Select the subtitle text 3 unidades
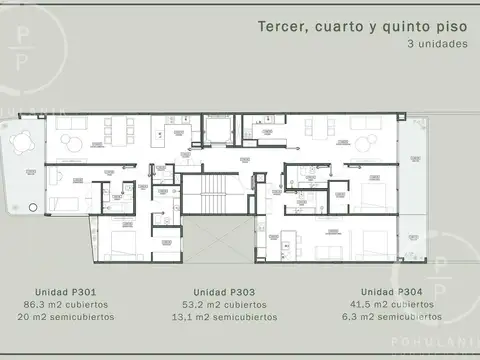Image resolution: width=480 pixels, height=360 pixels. (x=436, y=45)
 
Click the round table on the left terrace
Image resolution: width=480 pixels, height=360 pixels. (x=19, y=143)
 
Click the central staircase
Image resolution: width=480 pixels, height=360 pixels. (x=211, y=197)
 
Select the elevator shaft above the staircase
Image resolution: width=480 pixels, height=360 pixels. (x=217, y=131)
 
